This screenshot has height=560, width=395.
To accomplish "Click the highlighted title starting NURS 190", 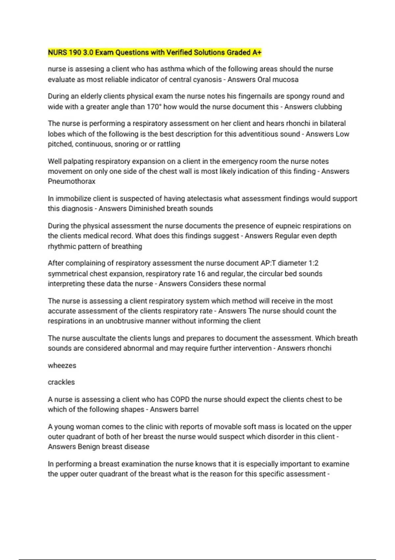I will [x=155, y=52].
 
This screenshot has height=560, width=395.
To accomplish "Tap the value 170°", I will [x=153, y=107].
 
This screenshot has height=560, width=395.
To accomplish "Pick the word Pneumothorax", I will [x=71, y=182].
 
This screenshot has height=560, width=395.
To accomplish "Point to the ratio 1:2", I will [x=313, y=263].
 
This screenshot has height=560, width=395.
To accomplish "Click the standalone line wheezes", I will [x=62, y=366].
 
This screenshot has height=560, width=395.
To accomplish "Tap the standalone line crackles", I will [x=61, y=382].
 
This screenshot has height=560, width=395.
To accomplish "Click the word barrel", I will [x=189, y=409].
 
